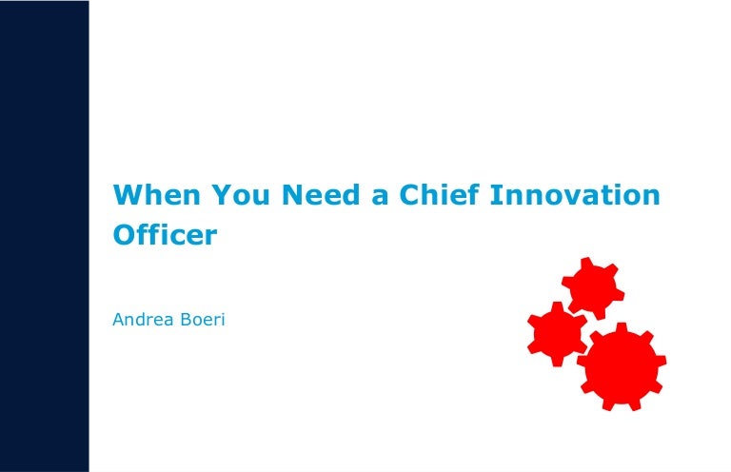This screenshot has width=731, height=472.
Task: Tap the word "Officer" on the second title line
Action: (165, 234)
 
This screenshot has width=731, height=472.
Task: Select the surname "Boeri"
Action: (207, 320)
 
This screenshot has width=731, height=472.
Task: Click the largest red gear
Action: (622, 365)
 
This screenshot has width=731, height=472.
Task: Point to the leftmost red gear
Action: (557, 333)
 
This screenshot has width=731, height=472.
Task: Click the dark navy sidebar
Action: (44, 236)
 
